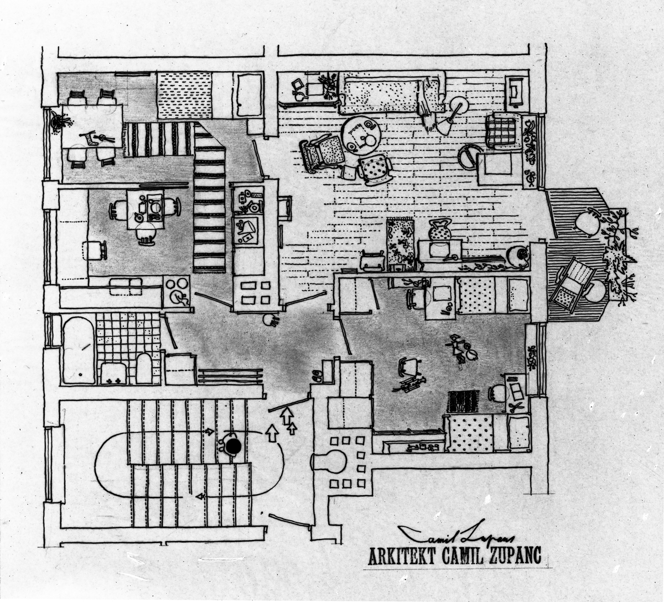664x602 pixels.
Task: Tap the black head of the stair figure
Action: [233, 446]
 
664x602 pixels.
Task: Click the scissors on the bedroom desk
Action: [517, 407]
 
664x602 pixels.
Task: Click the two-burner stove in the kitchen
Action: [177, 290]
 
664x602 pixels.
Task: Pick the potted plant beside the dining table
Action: [56, 121]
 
